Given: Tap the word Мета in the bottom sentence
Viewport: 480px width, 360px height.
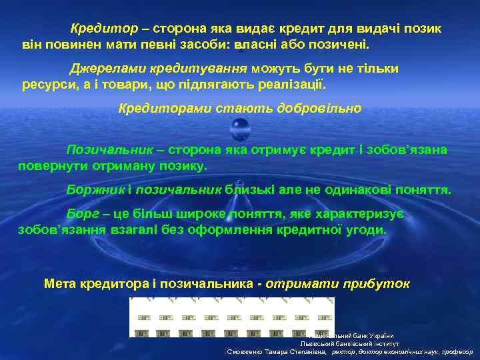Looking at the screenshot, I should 60,283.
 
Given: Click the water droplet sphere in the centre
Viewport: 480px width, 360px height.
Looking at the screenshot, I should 239,127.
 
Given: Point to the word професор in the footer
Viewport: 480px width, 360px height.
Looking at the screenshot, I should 455,351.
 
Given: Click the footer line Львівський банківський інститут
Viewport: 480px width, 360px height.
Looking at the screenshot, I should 349,343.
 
